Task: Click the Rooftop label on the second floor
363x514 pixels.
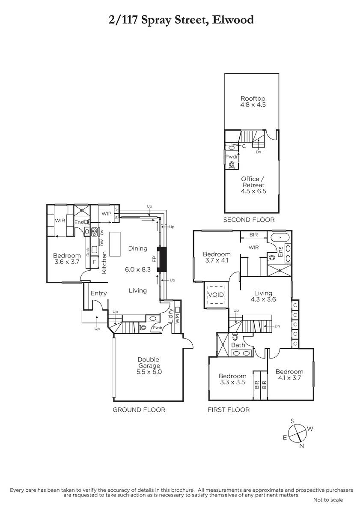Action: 253,99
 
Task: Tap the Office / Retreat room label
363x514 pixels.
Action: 253,182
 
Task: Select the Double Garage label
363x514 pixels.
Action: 149,362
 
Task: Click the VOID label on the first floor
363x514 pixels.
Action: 216,295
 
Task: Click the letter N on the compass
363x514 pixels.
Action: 301,446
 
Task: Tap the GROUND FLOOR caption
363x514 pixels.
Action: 139,409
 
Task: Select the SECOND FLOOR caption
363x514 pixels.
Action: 249,220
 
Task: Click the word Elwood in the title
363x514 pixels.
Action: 233,20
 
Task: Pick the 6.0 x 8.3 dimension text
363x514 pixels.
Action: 137,269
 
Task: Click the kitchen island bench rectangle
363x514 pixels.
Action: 115,244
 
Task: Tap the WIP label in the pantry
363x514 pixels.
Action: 107,214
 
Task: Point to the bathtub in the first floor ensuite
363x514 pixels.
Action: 280,238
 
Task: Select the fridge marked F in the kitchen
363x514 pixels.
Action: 94,262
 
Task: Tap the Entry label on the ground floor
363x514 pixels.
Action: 98,293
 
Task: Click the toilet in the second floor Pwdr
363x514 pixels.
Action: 232,164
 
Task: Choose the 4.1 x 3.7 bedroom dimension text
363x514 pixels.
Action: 289,378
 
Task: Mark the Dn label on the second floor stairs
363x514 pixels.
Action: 259,152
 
